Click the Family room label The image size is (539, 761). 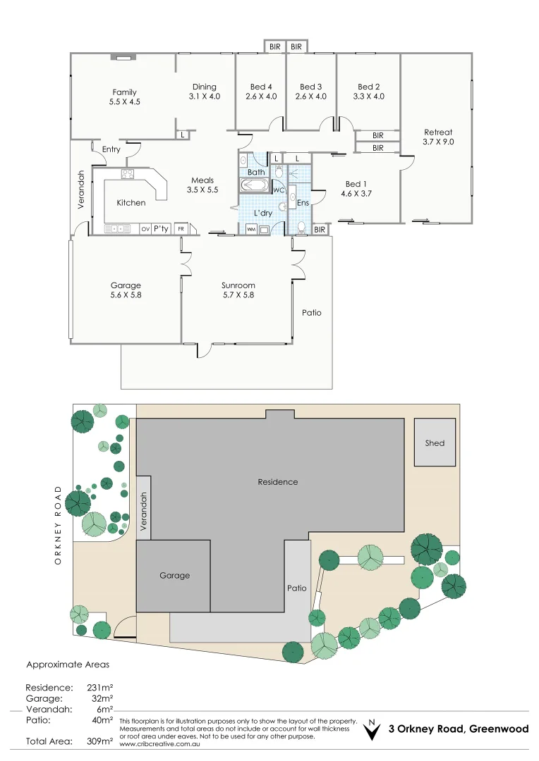tap(125, 92)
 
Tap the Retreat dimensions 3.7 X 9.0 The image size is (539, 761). tap(438, 142)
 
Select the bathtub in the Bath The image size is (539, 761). tap(254, 186)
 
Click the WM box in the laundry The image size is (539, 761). tap(251, 229)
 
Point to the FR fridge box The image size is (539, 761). tap(181, 229)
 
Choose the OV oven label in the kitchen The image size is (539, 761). tap(145, 229)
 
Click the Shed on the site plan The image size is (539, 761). tap(435, 443)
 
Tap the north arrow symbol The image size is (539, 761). tap(371, 732)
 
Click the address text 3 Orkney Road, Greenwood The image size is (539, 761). tap(459, 729)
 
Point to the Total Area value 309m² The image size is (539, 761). tap(99, 741)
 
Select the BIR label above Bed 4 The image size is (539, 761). tap(274, 47)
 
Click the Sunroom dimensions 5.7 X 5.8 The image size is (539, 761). tap(238, 295)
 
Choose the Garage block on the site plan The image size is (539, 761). tap(174, 576)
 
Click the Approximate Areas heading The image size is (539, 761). tap(68, 664)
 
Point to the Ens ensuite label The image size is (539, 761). tap(303, 203)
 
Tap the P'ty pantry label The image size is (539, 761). tap(162, 228)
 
